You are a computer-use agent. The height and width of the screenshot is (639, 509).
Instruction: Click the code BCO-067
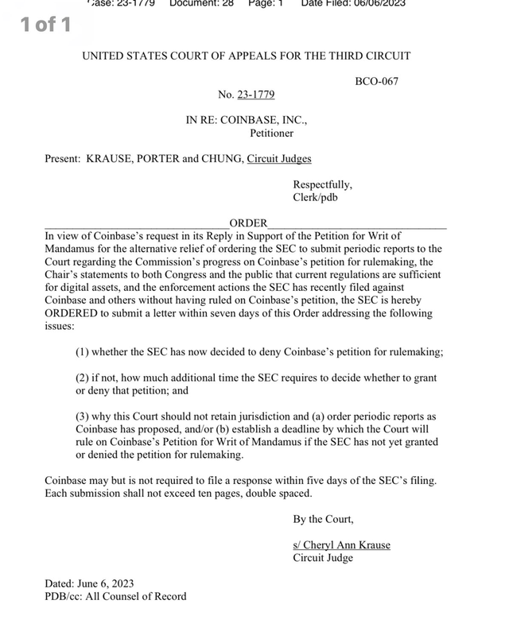point(376,81)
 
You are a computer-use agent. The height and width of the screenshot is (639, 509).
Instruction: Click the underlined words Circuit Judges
point(279,159)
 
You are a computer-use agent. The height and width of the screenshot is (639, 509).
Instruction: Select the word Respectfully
point(322,184)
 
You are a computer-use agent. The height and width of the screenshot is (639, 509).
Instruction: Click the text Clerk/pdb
point(315,197)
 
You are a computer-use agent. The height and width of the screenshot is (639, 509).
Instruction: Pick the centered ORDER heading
point(248,223)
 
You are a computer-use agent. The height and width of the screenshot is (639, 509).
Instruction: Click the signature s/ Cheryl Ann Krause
point(341,544)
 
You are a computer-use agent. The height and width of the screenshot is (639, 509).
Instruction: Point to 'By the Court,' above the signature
point(323,519)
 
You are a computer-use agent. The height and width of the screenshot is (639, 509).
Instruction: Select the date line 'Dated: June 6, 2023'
point(94,583)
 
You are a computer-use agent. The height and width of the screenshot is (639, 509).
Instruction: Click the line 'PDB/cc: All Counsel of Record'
point(115,596)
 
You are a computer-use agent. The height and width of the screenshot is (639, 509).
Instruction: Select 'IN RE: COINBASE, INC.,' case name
point(247,120)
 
